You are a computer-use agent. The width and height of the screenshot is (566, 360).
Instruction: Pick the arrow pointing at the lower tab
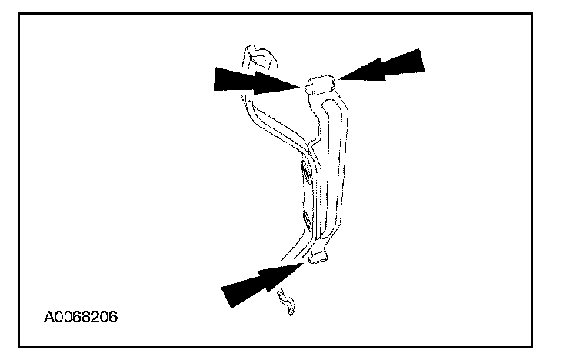click(261, 282)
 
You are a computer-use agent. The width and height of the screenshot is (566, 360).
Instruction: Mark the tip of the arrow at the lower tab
click(305, 262)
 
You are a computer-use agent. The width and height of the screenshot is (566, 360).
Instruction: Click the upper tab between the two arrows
click(320, 84)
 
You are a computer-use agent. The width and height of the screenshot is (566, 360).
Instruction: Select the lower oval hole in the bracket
click(307, 224)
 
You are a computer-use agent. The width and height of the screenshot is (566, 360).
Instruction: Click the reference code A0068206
click(81, 317)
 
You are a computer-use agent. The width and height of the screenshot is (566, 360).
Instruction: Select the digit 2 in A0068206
click(95, 317)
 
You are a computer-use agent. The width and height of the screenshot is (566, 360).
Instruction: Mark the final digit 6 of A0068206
click(113, 317)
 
